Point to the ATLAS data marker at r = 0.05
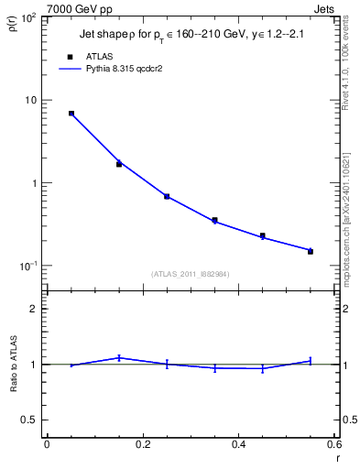(x=71, y=114)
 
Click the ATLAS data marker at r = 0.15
(x=119, y=164)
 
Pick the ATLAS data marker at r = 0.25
(x=167, y=196)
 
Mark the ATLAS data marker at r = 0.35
(x=214, y=220)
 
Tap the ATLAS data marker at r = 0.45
(x=263, y=235)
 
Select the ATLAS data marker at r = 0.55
(x=311, y=250)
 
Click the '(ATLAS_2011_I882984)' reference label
(x=190, y=273)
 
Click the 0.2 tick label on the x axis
(x=143, y=444)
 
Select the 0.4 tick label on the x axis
(x=239, y=444)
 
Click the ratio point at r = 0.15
(x=119, y=357)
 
